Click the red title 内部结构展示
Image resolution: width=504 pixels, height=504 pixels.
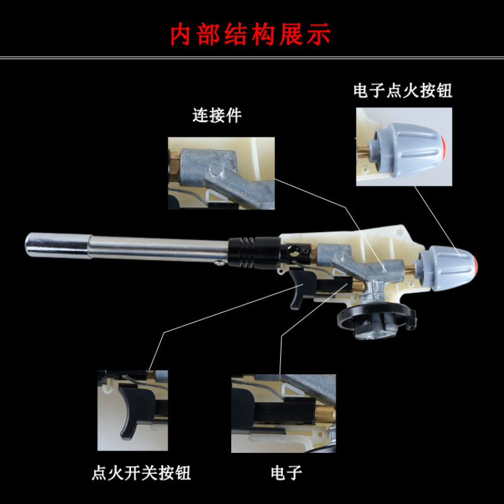pyautogui.click(x=250, y=34)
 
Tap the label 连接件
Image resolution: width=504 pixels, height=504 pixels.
pyautogui.click(x=217, y=115)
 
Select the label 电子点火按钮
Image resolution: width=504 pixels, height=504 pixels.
pyautogui.click(x=403, y=90)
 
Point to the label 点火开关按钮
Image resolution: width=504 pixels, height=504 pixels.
pyautogui.click(x=141, y=472)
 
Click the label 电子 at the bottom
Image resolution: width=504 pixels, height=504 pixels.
pyautogui.click(x=287, y=473)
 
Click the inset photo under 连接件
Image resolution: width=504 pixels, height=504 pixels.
pyautogui.click(x=221, y=173)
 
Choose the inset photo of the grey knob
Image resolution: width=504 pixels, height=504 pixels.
pyautogui.click(x=404, y=147)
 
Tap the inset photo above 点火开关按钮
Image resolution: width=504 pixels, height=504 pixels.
pyautogui.click(x=133, y=411)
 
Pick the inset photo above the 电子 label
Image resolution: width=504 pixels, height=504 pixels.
pyautogui.click(x=283, y=413)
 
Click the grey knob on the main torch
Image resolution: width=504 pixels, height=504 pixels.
pyautogui.click(x=445, y=268)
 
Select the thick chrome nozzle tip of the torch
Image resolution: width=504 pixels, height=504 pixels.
pyautogui.click(x=58, y=245)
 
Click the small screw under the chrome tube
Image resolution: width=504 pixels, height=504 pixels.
pyautogui.click(x=219, y=263)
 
